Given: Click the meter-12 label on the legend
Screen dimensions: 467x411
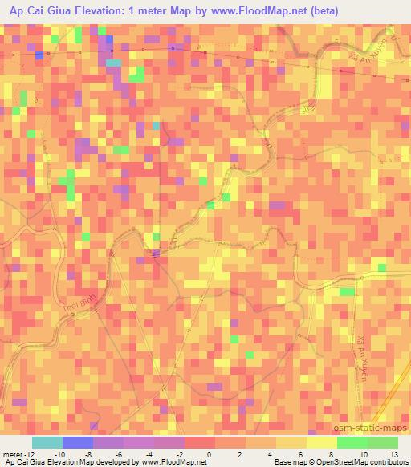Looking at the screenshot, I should [x=18, y=454].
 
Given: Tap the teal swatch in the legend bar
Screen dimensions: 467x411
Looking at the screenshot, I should [x=47, y=442].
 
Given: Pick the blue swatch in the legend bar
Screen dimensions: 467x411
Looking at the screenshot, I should [x=77, y=442].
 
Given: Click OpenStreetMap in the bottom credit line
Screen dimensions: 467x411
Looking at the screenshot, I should [x=330, y=462].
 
